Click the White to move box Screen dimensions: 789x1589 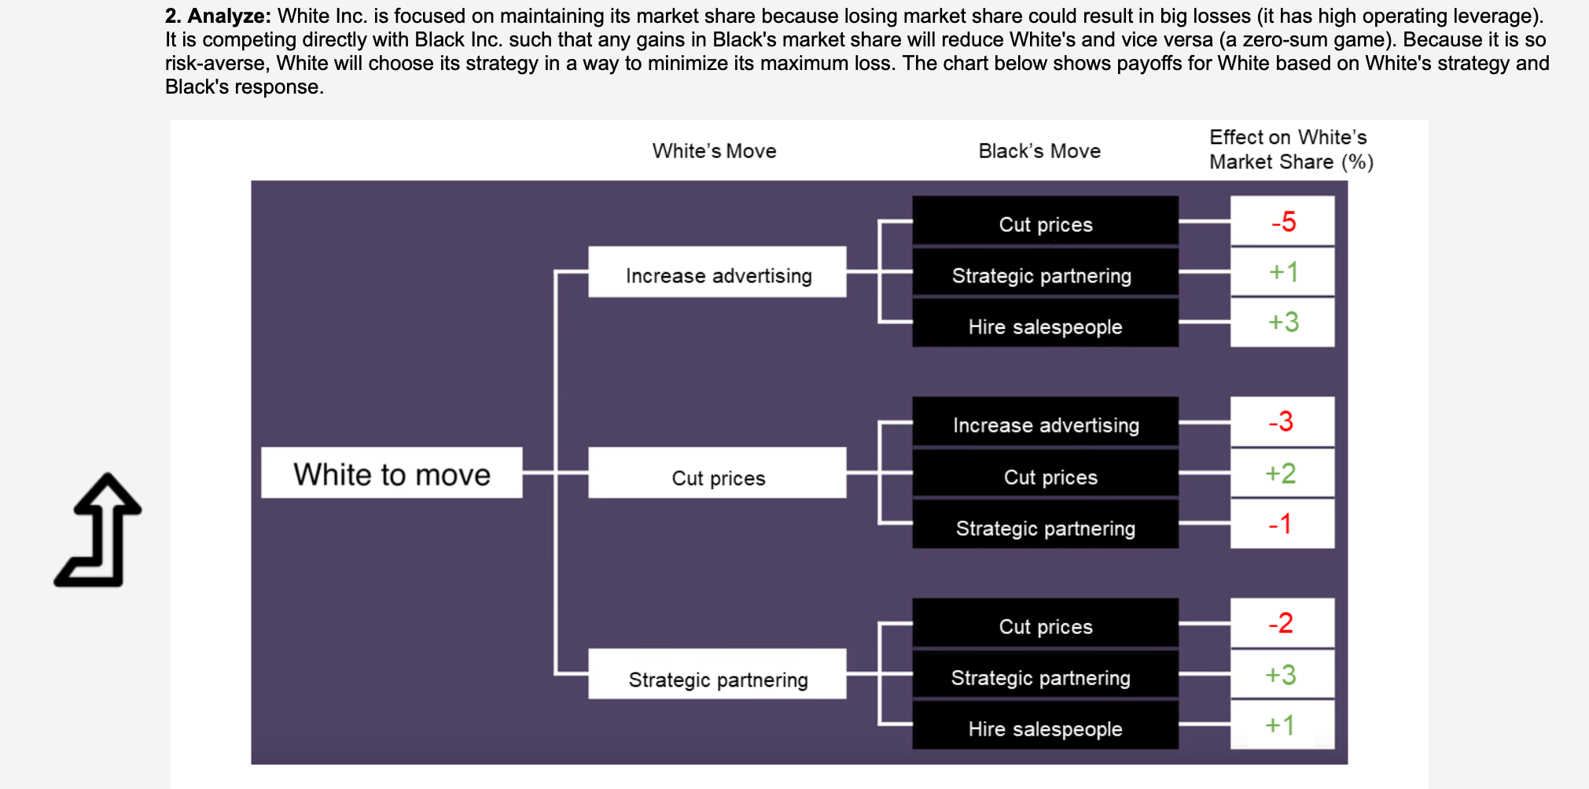tap(392, 474)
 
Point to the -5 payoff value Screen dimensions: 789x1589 tap(1282, 222)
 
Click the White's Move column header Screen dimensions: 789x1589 tap(714, 151)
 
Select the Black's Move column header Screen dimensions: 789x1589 tap(1039, 151)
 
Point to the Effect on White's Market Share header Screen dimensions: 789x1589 tap(1290, 149)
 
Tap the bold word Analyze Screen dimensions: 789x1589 tap(229, 16)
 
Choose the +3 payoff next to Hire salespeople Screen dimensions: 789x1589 tap(1282, 323)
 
